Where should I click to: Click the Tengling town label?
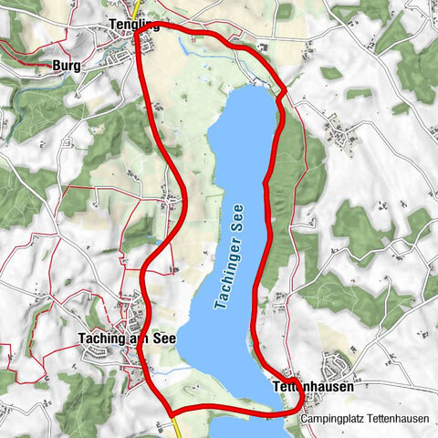[132, 26]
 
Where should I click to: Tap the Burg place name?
[67, 66]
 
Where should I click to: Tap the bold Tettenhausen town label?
[314, 387]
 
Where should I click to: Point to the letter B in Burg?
[56, 66]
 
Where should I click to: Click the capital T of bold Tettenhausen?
[277, 387]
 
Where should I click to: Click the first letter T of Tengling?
[109, 26]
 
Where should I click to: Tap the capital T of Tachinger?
[220, 308]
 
